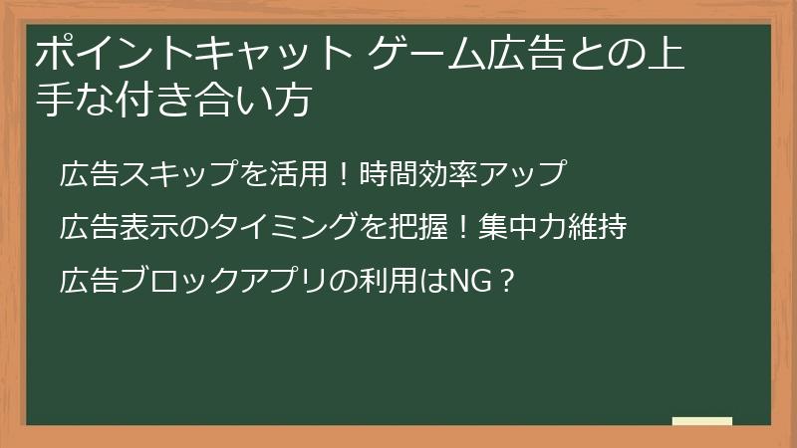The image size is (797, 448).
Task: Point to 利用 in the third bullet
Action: tap(378, 282)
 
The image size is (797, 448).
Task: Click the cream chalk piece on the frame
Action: tap(701, 422)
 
